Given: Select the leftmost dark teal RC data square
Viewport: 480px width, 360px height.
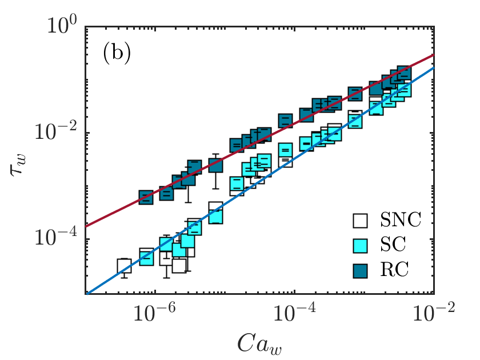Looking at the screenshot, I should click(x=146, y=198).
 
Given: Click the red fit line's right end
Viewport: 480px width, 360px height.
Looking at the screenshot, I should click(x=434, y=55).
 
